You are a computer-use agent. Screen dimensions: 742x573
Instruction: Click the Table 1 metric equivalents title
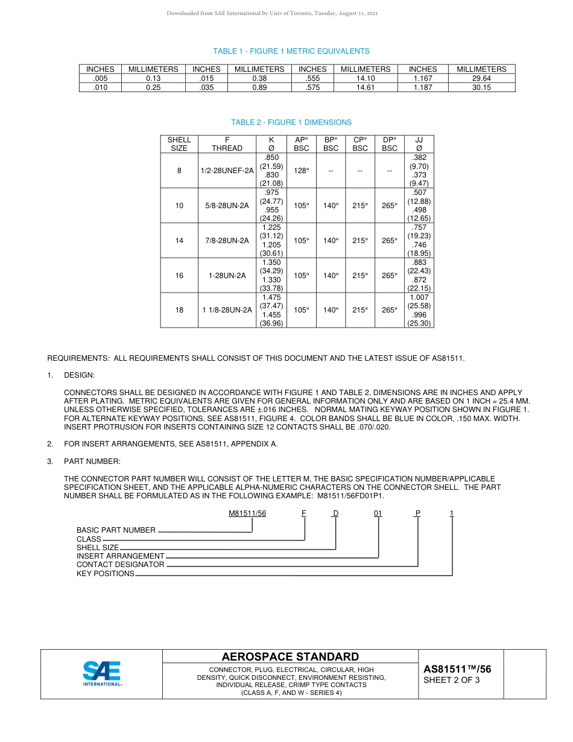tap(291, 51)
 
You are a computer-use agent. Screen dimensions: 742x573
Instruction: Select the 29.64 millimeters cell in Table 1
tap(481, 78)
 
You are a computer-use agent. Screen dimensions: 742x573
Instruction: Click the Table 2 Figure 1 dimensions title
tap(291, 122)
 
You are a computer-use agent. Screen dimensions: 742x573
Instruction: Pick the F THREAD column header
tap(227, 144)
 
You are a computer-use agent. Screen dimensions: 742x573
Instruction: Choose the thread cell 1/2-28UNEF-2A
tap(227, 171)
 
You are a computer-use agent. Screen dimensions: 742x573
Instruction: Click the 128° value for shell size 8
tap(301, 171)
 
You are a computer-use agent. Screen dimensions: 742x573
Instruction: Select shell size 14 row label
tap(179, 241)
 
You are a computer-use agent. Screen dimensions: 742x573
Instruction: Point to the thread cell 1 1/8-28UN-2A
tap(227, 310)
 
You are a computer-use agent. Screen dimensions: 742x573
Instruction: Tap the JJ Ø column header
tap(419, 144)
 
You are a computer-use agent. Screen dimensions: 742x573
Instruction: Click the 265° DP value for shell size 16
tap(390, 276)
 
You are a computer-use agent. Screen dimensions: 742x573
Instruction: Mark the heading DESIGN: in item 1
tap(80, 375)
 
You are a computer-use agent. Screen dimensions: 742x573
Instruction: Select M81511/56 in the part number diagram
tap(247, 513)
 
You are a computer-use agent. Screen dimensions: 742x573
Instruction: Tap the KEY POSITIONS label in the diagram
tap(106, 574)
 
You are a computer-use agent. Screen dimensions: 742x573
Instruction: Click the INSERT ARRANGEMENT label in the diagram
tap(121, 556)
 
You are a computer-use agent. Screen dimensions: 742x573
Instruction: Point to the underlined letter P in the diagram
tap(417, 513)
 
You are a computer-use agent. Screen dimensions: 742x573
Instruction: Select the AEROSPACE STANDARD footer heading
tap(290, 657)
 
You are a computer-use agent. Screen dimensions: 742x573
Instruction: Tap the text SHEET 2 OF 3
tap(452, 680)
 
